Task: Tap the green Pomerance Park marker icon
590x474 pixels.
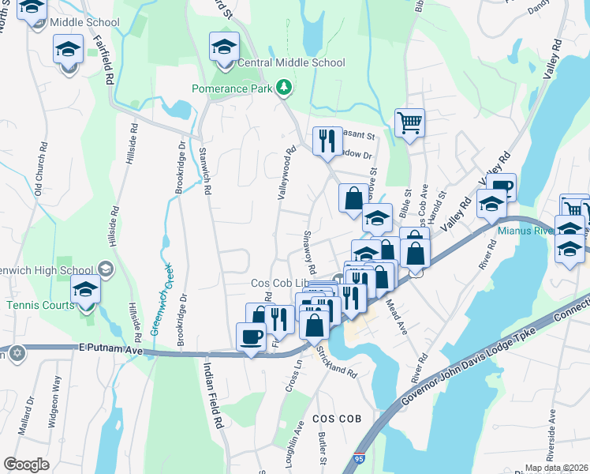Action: coord(289,88)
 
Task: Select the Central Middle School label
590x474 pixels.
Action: coord(291,62)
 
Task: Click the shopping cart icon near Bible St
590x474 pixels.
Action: coord(409,123)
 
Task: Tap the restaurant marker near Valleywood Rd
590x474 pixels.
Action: coord(325,141)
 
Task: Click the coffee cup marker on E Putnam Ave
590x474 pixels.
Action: coord(251,337)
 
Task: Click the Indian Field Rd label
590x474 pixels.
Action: coord(211,395)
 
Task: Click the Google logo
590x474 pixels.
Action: coord(26,465)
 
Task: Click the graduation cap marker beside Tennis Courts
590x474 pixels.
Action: coord(85,289)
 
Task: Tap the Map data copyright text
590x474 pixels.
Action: coord(557,468)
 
